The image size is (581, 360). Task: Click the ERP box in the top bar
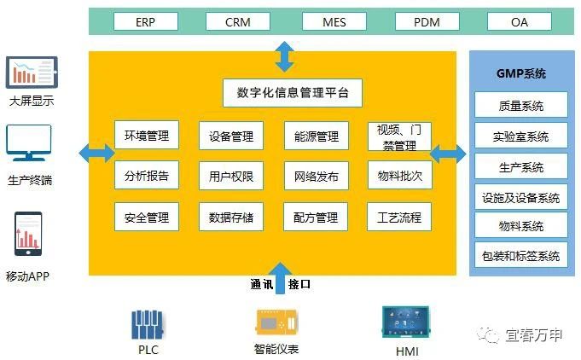[x=145, y=22]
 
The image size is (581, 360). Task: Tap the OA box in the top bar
[x=520, y=22]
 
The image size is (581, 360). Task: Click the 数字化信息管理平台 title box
[x=293, y=92]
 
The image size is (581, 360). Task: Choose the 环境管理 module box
[x=146, y=136]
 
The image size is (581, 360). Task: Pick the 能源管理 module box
[x=317, y=136]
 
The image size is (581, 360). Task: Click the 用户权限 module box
[x=231, y=177]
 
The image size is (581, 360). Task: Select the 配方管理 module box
[x=316, y=217]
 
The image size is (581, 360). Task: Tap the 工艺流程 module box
[x=399, y=217]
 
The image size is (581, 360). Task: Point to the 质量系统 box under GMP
[x=520, y=107]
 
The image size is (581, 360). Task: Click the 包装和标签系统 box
[x=520, y=255]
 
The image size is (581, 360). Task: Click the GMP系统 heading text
[x=520, y=73]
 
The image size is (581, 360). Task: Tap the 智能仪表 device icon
[x=276, y=323]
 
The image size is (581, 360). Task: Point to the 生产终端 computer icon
[x=29, y=145]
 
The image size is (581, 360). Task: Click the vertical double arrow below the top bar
[x=284, y=55]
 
